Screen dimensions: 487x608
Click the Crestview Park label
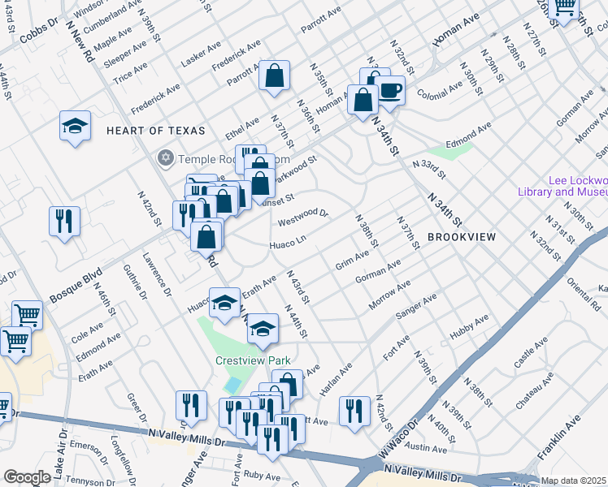click(x=252, y=360)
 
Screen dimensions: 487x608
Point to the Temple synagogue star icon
click(x=167, y=157)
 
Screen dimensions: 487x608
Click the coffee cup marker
click(x=389, y=92)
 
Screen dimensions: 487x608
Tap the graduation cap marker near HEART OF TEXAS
click(x=75, y=127)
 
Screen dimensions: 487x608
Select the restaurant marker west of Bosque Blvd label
click(x=63, y=220)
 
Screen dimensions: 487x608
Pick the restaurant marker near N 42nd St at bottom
click(x=354, y=411)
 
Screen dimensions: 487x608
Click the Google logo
click(x=27, y=476)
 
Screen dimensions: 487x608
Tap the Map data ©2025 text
click(x=574, y=481)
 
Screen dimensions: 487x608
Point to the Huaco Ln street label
click(x=288, y=242)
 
